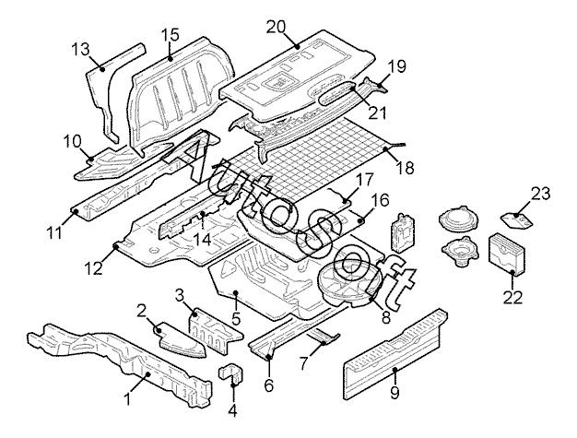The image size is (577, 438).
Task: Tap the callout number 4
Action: pos(232,410)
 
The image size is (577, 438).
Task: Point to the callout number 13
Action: pos(80,47)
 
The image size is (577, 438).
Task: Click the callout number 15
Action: pos(169,35)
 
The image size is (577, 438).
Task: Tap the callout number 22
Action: pos(512,297)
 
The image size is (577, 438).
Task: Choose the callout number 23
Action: pos(539,193)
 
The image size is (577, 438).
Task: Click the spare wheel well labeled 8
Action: pos(347,282)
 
